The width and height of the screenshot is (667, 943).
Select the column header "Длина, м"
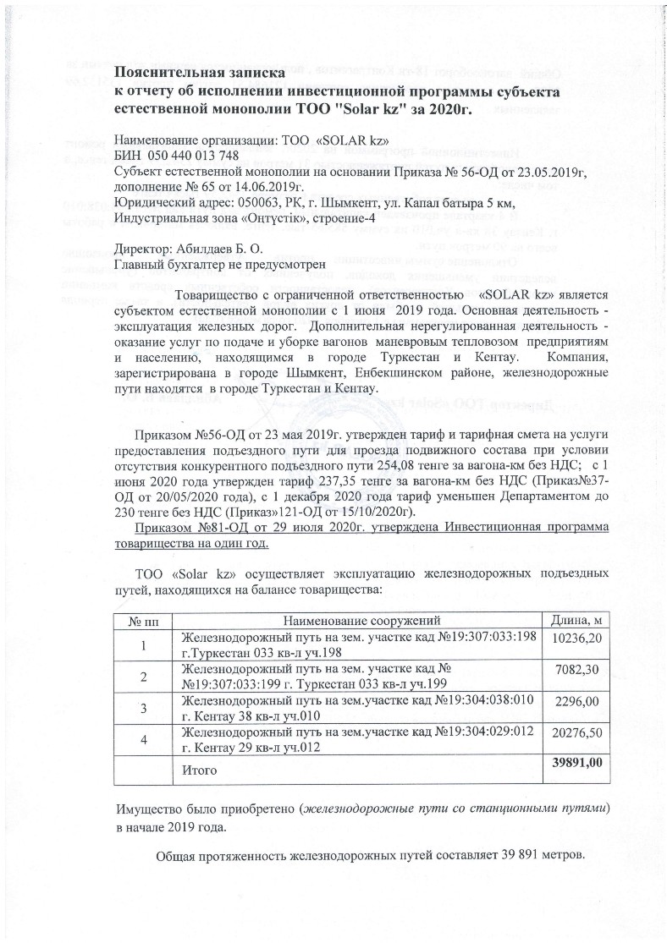(x=581, y=622)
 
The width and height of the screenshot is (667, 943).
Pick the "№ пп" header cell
(x=142, y=622)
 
